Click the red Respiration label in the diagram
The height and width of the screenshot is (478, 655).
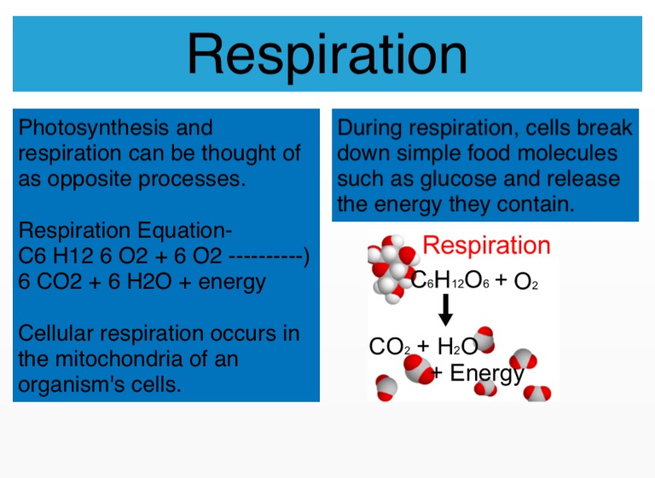(x=486, y=245)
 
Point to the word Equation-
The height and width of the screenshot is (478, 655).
(x=184, y=230)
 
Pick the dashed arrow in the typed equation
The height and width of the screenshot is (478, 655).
(x=269, y=256)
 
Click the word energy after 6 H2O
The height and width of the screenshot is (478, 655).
(x=232, y=283)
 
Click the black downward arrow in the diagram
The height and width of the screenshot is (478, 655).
(x=446, y=310)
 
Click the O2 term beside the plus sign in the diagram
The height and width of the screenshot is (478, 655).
(x=526, y=281)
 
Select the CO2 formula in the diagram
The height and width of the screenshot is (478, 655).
(x=390, y=347)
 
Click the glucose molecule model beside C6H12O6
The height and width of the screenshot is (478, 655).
(x=392, y=268)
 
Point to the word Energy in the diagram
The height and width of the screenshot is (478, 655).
(x=487, y=373)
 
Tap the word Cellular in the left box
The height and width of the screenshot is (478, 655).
(x=55, y=333)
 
